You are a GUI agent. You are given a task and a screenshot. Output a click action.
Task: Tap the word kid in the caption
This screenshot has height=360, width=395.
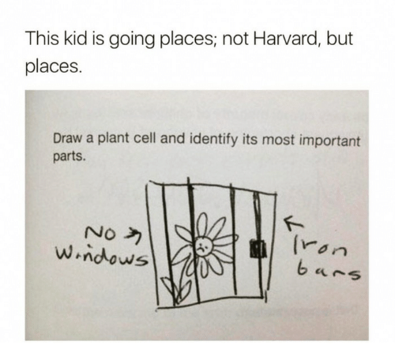[x=75, y=39]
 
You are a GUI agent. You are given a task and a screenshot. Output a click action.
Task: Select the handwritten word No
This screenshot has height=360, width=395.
[x=101, y=233]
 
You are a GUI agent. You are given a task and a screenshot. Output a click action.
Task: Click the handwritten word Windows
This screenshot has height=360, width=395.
[x=101, y=254]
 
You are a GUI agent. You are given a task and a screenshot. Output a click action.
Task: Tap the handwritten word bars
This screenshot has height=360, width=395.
[x=329, y=272]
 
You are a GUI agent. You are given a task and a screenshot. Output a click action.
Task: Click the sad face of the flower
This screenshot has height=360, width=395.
[x=203, y=247]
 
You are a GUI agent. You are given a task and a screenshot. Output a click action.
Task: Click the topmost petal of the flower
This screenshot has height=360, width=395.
[x=202, y=224]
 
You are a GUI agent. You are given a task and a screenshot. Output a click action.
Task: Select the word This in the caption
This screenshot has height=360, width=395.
[x=42, y=39]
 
